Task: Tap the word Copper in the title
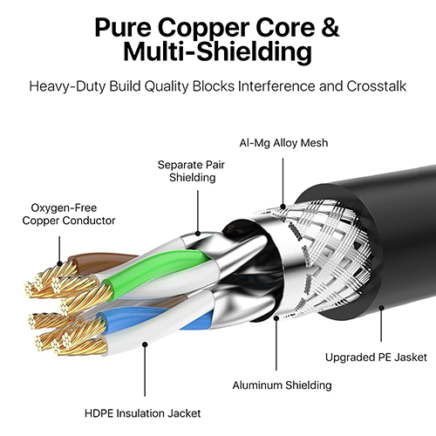pos(204,30)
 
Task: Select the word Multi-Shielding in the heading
pos(218,51)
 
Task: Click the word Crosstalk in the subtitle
pos(376,86)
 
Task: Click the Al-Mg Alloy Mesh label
pos(283,143)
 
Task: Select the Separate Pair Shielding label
pos(191,171)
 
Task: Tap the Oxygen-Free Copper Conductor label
pos(69,214)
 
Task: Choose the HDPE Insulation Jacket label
pos(142,413)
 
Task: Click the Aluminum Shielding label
pos(282,385)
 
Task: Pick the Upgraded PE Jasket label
pos(376,358)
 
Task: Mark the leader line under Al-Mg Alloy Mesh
pos(283,181)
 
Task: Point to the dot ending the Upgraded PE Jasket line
pos(381,308)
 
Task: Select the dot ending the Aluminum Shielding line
pos(276,318)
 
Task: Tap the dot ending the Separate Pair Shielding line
pos(198,233)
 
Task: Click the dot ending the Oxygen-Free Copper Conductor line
pos(59,264)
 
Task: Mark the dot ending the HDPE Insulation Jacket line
pos(145,344)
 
